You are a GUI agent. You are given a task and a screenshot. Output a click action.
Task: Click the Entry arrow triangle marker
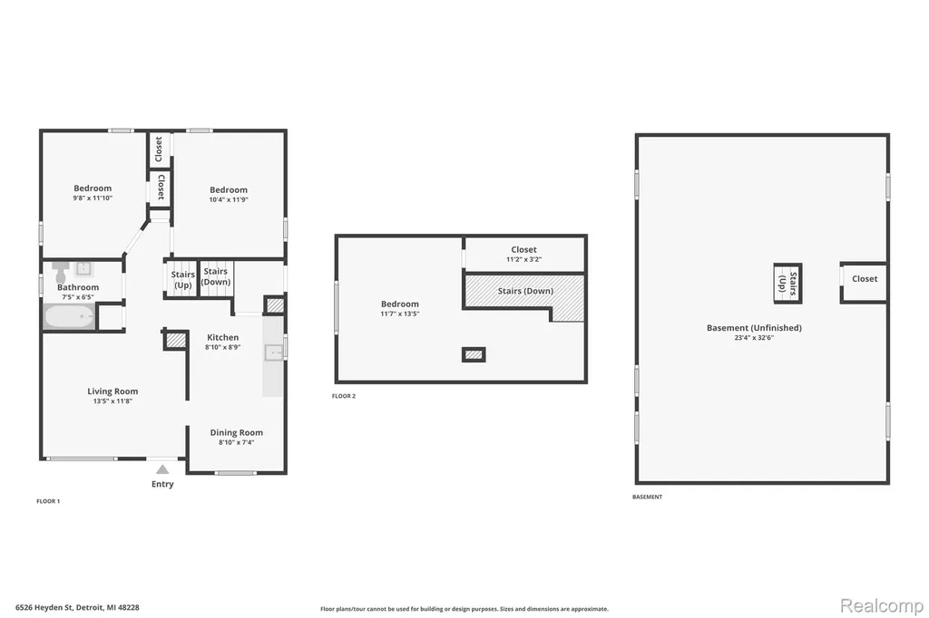click(162, 469)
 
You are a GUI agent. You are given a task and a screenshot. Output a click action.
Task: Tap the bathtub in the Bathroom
click(69, 316)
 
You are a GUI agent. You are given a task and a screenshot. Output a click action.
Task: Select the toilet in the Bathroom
click(61, 272)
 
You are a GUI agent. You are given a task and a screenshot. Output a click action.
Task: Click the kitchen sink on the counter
click(274, 352)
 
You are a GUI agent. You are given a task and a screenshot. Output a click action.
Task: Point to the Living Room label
click(112, 391)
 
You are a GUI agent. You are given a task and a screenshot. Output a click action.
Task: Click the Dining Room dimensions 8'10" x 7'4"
click(237, 442)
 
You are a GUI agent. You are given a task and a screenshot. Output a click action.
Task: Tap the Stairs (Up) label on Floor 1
click(183, 279)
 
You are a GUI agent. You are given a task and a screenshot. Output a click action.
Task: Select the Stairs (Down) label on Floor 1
click(216, 276)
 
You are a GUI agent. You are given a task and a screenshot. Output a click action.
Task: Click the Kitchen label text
click(223, 337)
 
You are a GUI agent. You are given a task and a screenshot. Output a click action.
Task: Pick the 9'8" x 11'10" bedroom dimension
click(93, 198)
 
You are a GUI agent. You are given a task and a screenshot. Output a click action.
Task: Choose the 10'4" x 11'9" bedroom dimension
click(229, 199)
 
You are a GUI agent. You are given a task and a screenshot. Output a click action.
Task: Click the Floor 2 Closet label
click(523, 250)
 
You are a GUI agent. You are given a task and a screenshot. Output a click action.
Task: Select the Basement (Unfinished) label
click(754, 328)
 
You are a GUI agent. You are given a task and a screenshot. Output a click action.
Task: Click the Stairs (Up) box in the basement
click(788, 284)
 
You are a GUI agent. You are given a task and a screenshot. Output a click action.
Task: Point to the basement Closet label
click(865, 279)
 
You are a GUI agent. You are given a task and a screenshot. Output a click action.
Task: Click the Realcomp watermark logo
click(882, 605)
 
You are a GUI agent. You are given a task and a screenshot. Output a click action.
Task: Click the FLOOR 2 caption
click(344, 396)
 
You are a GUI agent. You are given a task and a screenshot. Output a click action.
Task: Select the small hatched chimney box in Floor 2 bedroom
click(474, 354)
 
